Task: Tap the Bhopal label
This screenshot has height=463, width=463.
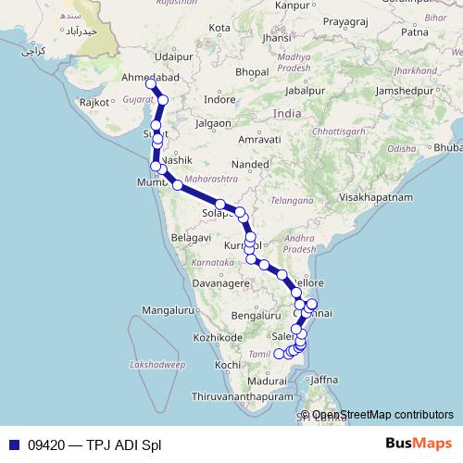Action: [x=252, y=71]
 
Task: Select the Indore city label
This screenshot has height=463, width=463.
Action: [x=219, y=98]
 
